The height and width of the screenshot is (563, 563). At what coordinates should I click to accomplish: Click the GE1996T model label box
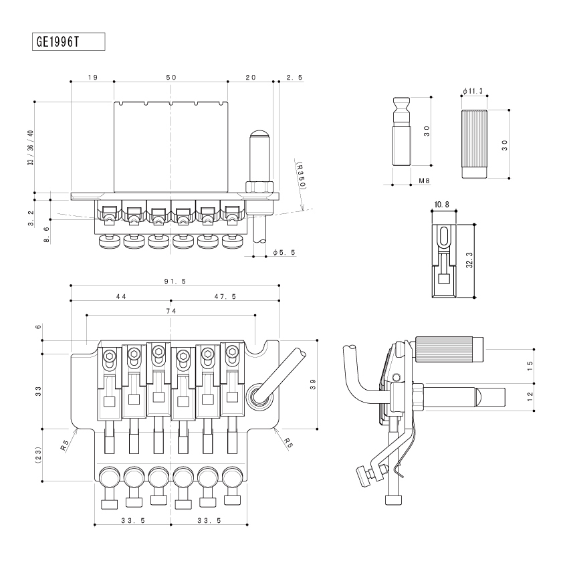(69, 41)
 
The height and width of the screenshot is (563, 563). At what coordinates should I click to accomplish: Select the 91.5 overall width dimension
(175, 281)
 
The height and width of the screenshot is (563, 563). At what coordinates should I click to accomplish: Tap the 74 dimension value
(171, 311)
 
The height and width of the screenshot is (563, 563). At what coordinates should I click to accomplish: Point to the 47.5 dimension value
(225, 297)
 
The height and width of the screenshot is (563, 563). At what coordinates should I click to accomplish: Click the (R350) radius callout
(302, 176)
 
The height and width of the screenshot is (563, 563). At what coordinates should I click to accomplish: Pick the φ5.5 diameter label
(284, 253)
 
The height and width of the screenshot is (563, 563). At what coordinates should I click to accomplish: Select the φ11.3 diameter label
(473, 91)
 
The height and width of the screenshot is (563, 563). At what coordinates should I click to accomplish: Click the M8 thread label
(424, 181)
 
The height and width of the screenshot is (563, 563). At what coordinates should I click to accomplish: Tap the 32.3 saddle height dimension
(469, 260)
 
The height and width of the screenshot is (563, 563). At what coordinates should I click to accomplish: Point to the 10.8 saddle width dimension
(441, 205)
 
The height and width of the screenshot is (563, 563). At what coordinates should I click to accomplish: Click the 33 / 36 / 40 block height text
(31, 148)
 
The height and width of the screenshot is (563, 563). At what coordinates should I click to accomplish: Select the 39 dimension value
(313, 384)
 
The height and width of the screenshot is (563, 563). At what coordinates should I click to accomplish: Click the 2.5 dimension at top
(295, 78)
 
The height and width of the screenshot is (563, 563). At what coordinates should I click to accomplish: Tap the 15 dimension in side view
(530, 366)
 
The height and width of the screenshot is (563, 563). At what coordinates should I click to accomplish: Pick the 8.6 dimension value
(47, 235)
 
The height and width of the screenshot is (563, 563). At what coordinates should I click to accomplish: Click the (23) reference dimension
(38, 455)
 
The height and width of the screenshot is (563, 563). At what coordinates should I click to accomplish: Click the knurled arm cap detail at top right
(474, 144)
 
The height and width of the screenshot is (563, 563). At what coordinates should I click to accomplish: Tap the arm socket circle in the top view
(259, 395)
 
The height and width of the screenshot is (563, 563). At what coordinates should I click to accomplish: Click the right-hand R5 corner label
(288, 443)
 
